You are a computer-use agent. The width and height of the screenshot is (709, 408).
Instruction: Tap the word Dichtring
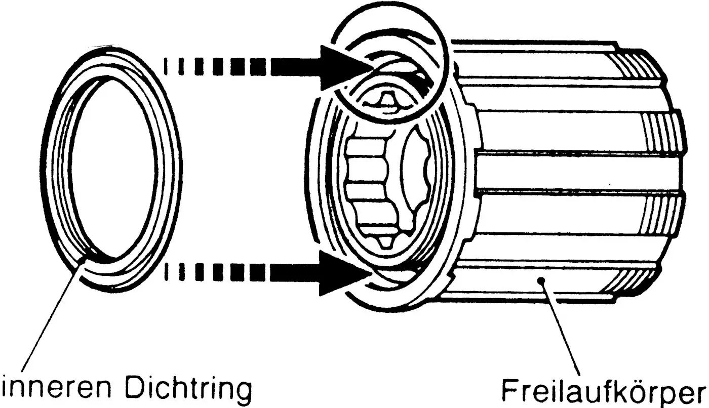187,390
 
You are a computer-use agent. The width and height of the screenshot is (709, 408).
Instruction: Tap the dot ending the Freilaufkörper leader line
542,280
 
